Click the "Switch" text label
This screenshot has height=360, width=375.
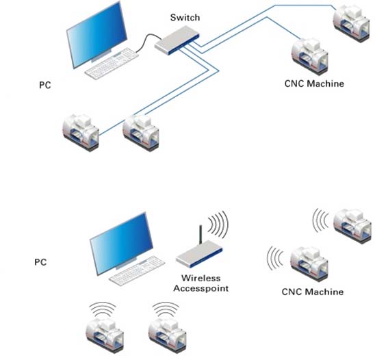coord(185,18)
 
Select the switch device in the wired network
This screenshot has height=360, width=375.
coord(177,40)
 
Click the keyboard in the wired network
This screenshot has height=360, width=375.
coord(112,64)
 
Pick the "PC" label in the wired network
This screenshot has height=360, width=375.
coord(45,85)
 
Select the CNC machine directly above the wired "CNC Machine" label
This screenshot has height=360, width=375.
coord(310,57)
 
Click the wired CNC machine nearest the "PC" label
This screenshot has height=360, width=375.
coord(81,133)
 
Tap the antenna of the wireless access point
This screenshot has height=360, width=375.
coord(201,235)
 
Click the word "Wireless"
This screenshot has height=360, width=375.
coord(201,278)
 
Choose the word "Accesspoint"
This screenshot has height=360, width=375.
coord(201,288)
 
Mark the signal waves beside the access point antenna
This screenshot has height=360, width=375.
coord(218,224)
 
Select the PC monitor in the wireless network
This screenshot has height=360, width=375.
coord(121,244)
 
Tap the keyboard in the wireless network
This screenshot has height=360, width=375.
coord(137,270)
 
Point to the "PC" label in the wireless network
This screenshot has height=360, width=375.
coord(40,262)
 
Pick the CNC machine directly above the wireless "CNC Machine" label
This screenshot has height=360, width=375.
coord(309,265)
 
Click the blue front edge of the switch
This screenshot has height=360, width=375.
coord(183,45)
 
